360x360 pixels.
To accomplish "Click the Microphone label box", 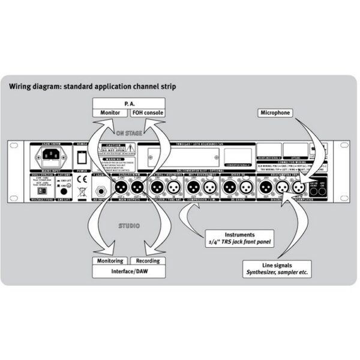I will point(276,112).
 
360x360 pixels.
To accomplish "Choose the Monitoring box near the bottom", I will point(110,261).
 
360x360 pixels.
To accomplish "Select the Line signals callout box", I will point(278,268).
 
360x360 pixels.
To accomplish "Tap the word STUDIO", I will point(127,226).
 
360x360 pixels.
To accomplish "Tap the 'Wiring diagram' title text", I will point(92,85).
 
